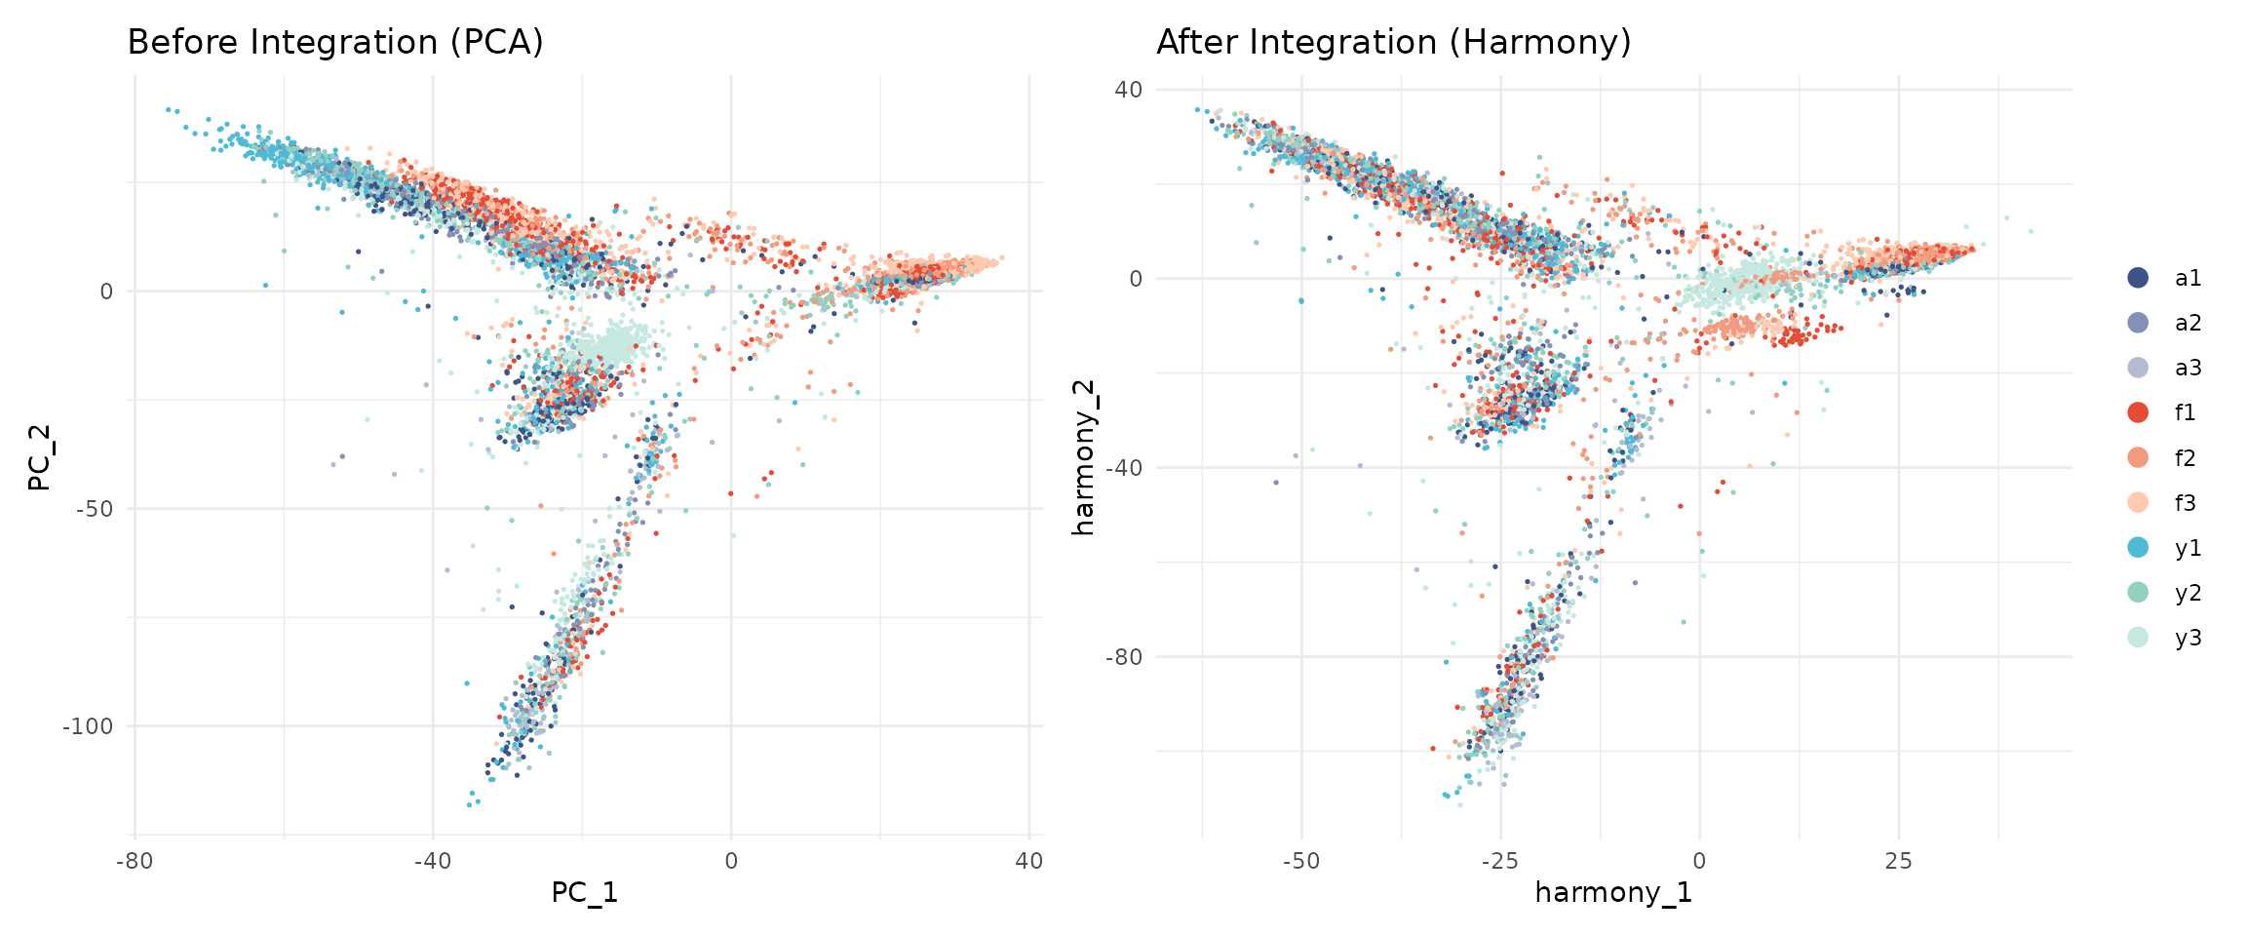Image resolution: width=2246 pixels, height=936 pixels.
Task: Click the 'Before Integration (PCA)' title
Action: (335, 42)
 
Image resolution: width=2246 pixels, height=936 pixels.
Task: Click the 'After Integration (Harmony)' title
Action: (1393, 42)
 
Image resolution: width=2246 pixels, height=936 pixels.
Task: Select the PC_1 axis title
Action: (584, 892)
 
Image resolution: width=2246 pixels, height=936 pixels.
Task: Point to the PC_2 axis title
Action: (39, 458)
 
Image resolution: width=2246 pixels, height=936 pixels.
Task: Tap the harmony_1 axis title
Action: (1613, 892)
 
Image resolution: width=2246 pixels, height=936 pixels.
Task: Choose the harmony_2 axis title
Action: (1083, 458)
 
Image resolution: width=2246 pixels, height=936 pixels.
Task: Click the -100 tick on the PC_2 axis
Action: (88, 726)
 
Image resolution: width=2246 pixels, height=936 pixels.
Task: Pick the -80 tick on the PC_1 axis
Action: (135, 861)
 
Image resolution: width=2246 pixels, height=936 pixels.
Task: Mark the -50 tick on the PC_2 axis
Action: (94, 509)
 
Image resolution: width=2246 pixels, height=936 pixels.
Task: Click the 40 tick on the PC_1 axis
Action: (1028, 861)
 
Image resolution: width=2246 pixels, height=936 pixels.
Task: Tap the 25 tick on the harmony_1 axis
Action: (1898, 861)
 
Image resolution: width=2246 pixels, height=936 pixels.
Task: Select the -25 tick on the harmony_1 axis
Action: (1499, 861)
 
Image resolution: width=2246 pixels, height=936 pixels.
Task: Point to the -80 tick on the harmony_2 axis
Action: (1123, 657)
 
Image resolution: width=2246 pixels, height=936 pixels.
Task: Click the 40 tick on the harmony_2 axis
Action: (1128, 90)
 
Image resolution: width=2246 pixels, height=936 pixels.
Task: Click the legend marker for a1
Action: (2138, 278)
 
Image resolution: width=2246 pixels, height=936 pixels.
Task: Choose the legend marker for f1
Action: (2138, 412)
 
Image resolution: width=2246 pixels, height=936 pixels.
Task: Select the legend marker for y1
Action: (2138, 548)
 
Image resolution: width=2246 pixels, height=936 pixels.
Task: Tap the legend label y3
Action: (2188, 638)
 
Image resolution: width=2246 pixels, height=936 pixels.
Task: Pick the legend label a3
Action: (2188, 368)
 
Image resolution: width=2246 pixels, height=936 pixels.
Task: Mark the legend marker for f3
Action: (2138, 503)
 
